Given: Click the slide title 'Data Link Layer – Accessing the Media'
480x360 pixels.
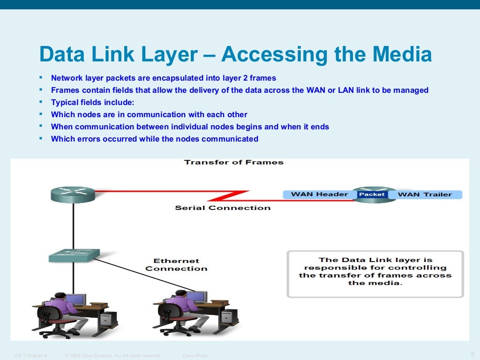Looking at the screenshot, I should coord(235,55).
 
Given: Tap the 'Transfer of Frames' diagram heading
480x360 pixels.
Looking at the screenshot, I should coord(233,162).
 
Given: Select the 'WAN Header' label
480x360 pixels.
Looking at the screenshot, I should coord(319,195).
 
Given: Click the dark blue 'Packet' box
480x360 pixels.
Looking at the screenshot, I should coord(372,195).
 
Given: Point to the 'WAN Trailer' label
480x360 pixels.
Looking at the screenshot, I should coord(425,195).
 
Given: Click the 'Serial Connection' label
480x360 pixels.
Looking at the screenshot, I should coord(223,208).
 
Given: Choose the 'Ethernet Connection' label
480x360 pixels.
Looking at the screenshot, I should coord(176,265).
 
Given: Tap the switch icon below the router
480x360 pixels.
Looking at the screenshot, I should coord(74,255).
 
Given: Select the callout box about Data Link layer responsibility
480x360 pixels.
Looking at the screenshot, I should coord(375,274).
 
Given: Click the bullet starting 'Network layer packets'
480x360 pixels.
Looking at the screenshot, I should coord(164,78).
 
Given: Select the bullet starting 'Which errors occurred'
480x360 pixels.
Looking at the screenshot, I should coord(154,139).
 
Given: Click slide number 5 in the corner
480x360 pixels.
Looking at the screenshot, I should coord(472,354).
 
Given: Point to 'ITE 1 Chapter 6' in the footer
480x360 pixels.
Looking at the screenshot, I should coord(31,356).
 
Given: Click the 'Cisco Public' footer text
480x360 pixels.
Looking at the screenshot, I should coord(195,356).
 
